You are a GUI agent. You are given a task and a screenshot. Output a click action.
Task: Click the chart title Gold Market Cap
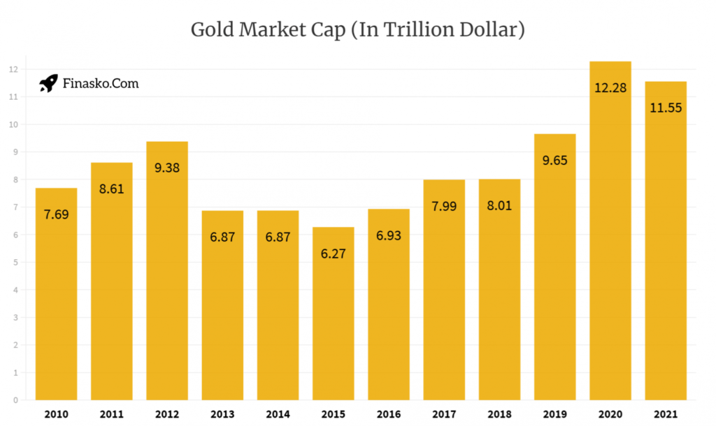(x=357, y=30)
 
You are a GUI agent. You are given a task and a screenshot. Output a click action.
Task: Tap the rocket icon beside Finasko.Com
(x=48, y=84)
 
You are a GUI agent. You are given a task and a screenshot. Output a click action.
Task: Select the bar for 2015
(x=333, y=314)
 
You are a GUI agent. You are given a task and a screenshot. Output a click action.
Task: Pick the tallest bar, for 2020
(x=610, y=244)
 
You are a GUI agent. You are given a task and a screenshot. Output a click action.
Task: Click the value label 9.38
(x=167, y=168)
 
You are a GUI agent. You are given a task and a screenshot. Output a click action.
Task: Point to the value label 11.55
(x=666, y=108)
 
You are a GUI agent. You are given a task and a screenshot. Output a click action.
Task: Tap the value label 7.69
(x=56, y=214)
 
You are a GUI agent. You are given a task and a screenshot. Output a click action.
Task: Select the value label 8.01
(x=499, y=206)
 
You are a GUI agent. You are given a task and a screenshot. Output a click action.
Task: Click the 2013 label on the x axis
(x=222, y=414)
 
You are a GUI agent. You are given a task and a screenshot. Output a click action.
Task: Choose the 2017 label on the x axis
(x=444, y=414)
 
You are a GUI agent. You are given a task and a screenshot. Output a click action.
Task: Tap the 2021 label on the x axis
(x=666, y=414)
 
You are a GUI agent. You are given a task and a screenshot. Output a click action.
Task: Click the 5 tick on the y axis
(x=14, y=263)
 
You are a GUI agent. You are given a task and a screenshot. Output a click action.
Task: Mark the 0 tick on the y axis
(x=14, y=400)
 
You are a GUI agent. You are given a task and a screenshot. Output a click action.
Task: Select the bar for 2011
(x=112, y=293)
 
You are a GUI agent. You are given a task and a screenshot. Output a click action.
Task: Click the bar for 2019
(x=554, y=279)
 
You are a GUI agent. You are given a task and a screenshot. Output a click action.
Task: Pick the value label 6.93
(x=389, y=236)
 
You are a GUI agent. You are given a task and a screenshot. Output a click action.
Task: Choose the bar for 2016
(x=389, y=314)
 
